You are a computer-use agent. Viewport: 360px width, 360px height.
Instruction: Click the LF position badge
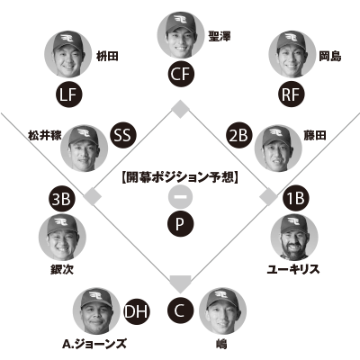pos(68,94)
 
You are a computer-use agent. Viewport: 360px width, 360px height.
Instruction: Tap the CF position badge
pos(181,74)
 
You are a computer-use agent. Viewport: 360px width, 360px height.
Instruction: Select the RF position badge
pos(292,94)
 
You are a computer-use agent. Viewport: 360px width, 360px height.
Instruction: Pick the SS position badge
pos(123,135)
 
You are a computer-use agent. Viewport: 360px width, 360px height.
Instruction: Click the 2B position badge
pos(239,135)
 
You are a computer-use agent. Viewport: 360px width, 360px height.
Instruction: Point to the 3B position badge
pos(62,199)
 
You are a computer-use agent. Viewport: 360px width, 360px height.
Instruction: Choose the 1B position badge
pos(296,198)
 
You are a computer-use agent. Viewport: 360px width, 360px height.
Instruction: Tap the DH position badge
pos(137,311)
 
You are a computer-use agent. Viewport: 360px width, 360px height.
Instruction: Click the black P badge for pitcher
pos(180,223)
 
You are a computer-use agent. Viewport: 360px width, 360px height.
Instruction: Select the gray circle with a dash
pos(180,197)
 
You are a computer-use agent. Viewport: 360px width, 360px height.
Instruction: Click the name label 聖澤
pos(220,37)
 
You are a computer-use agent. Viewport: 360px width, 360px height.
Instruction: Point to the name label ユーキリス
pos(293,269)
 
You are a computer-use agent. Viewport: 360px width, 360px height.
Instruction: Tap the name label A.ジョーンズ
pos(94,344)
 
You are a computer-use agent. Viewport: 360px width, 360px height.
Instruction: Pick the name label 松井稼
pos(45,135)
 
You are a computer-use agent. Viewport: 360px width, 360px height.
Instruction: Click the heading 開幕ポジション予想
pos(180,177)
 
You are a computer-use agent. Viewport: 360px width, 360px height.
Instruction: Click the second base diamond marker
pos(180,109)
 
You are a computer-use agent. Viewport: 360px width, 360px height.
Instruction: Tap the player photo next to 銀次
pos(62,237)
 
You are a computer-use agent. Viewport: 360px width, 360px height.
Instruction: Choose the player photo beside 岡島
pos(292,54)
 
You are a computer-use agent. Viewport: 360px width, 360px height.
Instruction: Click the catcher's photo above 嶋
pos(222,311)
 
